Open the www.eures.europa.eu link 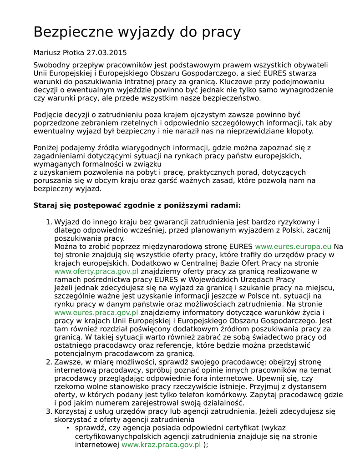[293, 247]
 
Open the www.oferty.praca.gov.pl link [96, 271]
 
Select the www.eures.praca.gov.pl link [96, 313]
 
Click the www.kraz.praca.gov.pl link [161, 445]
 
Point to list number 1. [49, 222]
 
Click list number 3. [49, 411]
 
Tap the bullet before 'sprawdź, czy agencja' [68, 428]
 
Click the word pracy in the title [220, 32]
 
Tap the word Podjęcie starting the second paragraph [49, 115]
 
